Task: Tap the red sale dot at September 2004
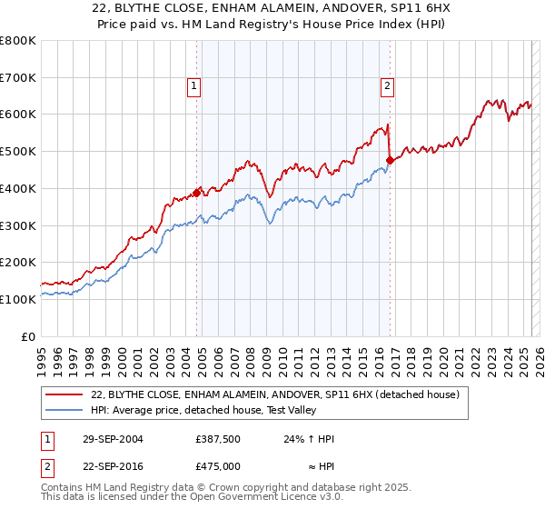[x=197, y=192]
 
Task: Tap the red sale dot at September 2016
[x=390, y=160]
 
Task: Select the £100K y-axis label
[x=20, y=299]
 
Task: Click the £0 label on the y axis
[x=29, y=336]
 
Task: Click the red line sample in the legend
[x=64, y=394]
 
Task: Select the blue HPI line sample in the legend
[x=64, y=410]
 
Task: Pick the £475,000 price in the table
[x=217, y=465]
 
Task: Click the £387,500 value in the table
[x=217, y=439]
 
